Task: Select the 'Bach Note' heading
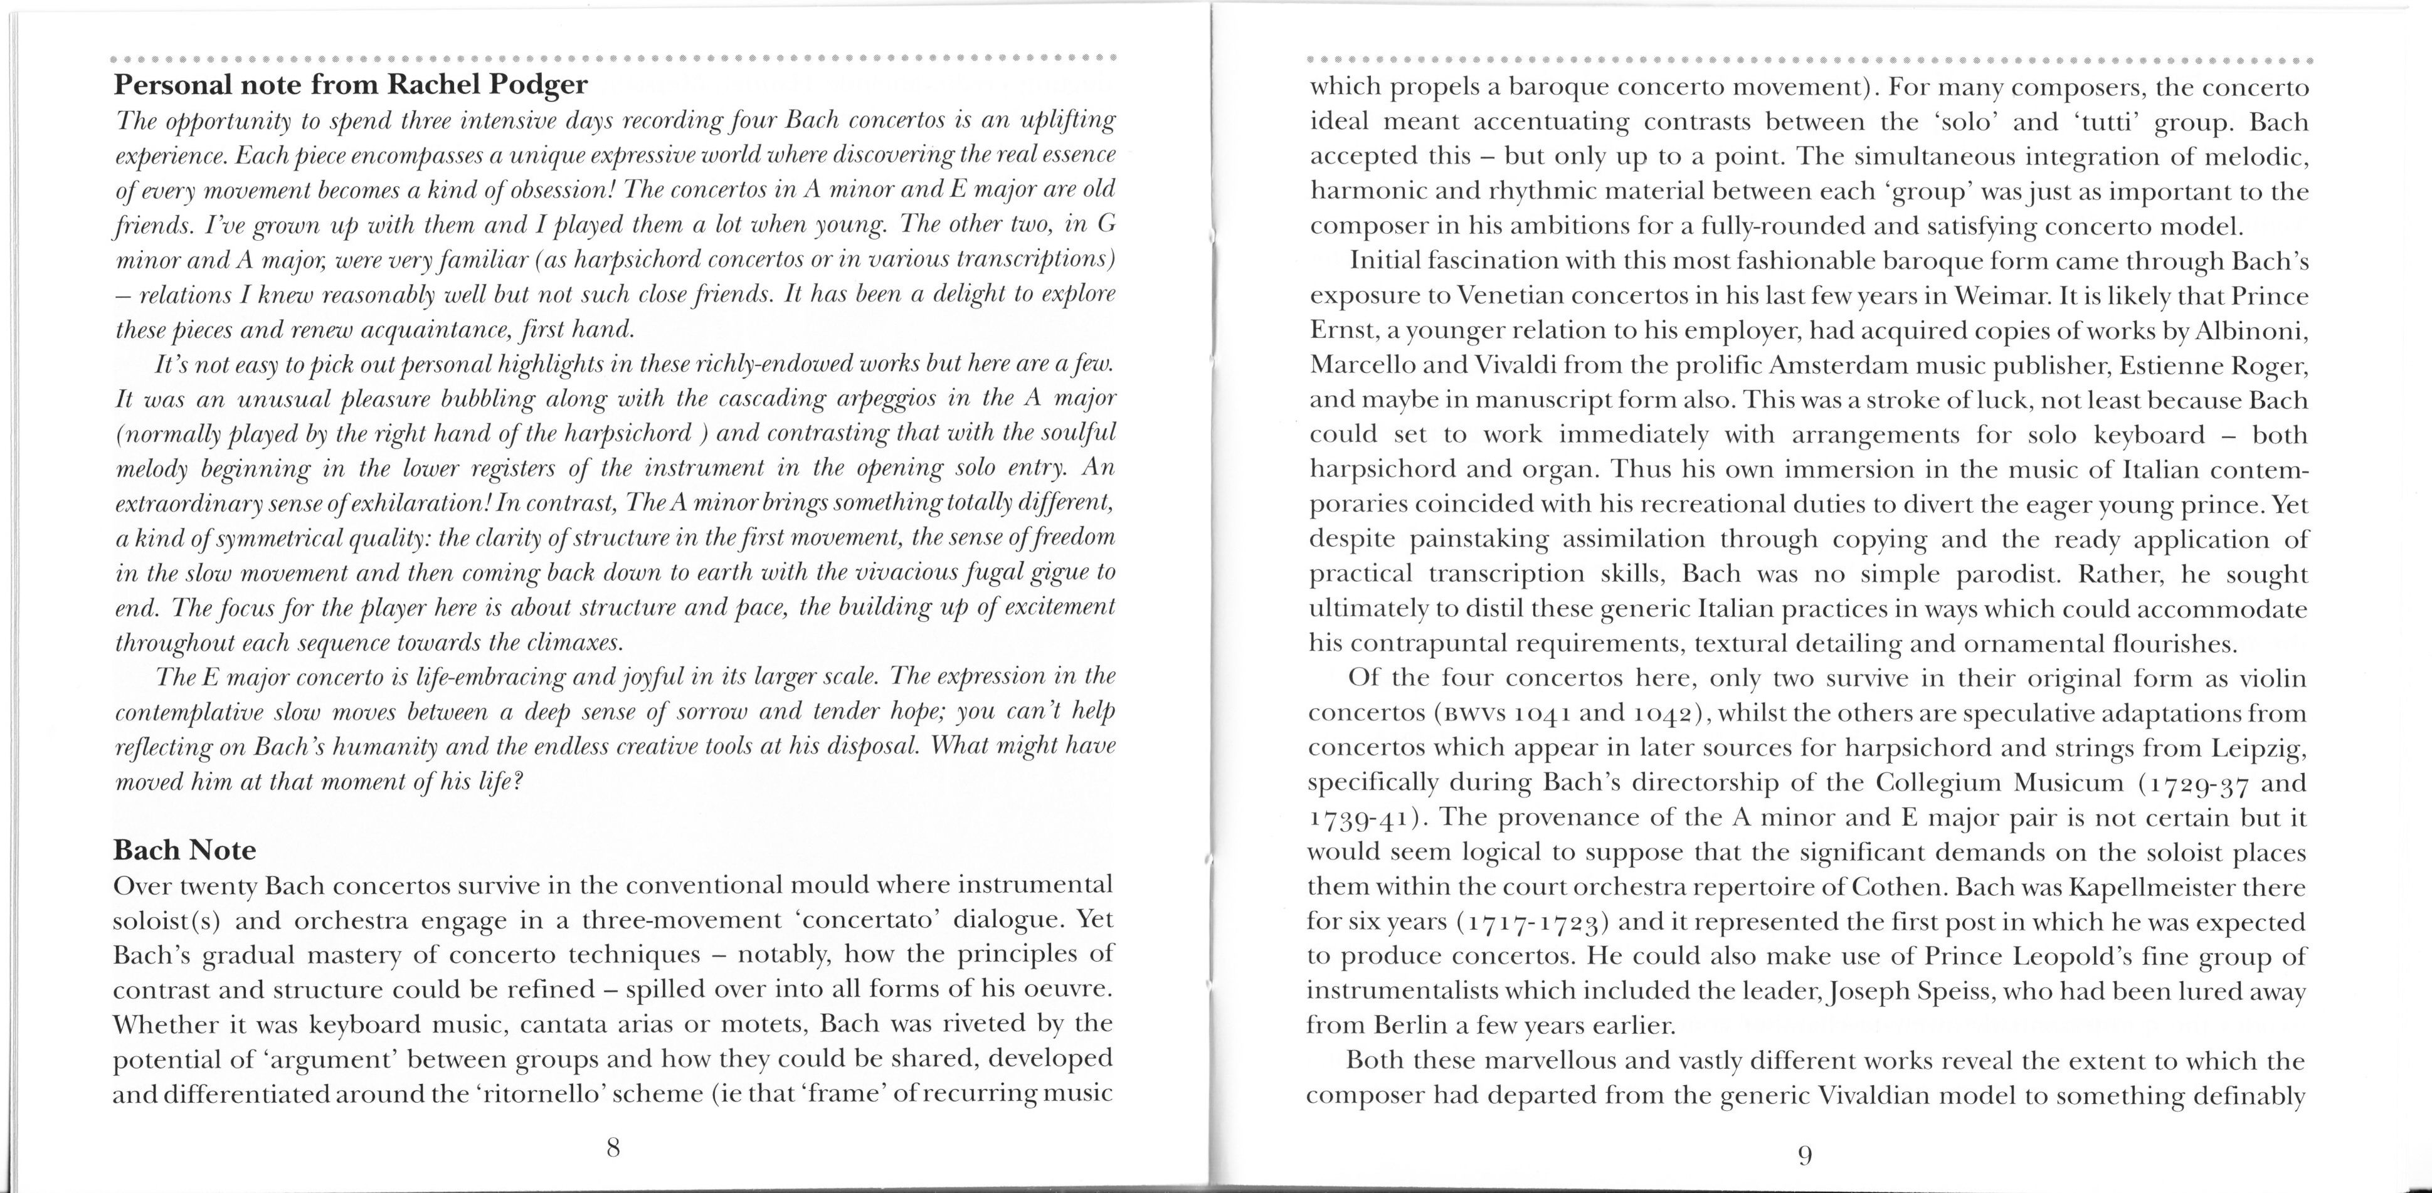184,850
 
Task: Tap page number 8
613,1148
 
